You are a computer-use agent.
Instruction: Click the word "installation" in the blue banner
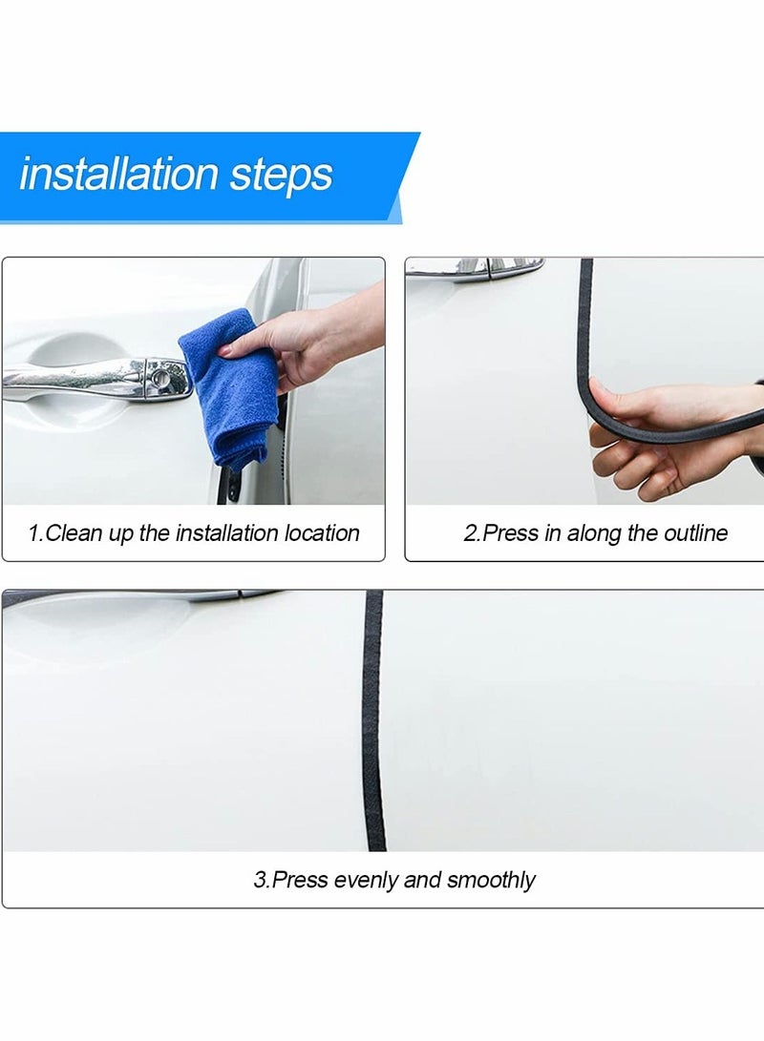tap(119, 175)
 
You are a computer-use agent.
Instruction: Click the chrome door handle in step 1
tap(86, 377)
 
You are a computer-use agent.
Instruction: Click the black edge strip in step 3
tap(373, 725)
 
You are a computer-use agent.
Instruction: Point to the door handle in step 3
tap(143, 598)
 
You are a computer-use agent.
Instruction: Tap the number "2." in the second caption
tap(473, 533)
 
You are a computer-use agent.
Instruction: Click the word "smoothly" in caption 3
tap(491, 880)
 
